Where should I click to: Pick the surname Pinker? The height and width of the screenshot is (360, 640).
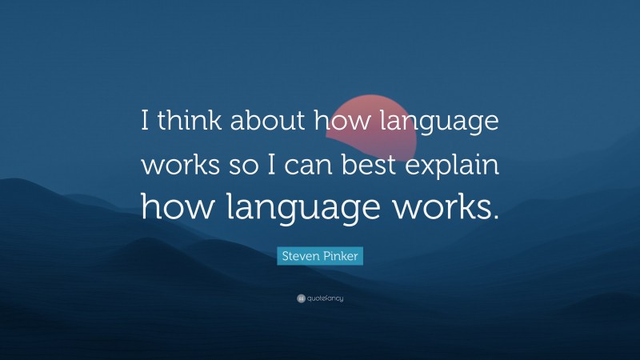pyautogui.click(x=342, y=256)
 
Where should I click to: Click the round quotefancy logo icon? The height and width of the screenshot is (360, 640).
pyautogui.click(x=300, y=298)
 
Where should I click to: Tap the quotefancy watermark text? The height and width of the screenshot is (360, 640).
pyautogui.click(x=325, y=298)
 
